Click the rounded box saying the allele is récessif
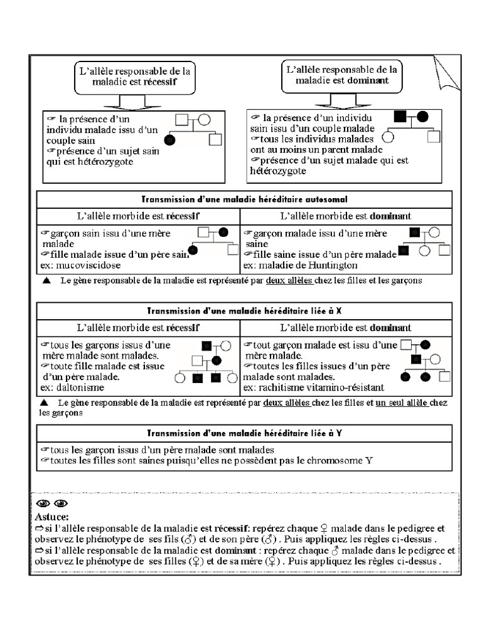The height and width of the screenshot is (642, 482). click(x=134, y=76)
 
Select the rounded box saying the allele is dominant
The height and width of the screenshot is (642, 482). click(x=341, y=75)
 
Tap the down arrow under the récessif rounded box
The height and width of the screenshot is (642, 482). click(x=130, y=103)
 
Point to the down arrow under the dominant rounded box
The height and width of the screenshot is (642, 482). click(x=340, y=102)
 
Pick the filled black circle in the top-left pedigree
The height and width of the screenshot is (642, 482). click(x=169, y=140)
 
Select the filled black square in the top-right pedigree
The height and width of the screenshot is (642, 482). click(x=400, y=116)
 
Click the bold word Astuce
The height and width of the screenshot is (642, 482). click(x=48, y=517)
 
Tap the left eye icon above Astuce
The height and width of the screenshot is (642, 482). click(x=42, y=503)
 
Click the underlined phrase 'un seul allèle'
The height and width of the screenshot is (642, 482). click(x=402, y=403)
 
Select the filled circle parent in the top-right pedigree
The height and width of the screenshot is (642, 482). click(x=422, y=116)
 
